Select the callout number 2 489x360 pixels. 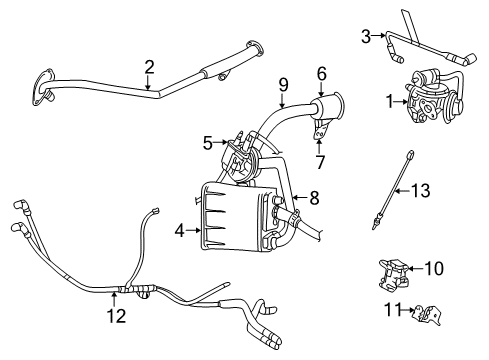point(149,67)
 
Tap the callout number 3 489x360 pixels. point(366,36)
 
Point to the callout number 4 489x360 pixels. point(180,230)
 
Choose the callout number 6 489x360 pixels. point(322,72)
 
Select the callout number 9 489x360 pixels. point(283,84)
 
